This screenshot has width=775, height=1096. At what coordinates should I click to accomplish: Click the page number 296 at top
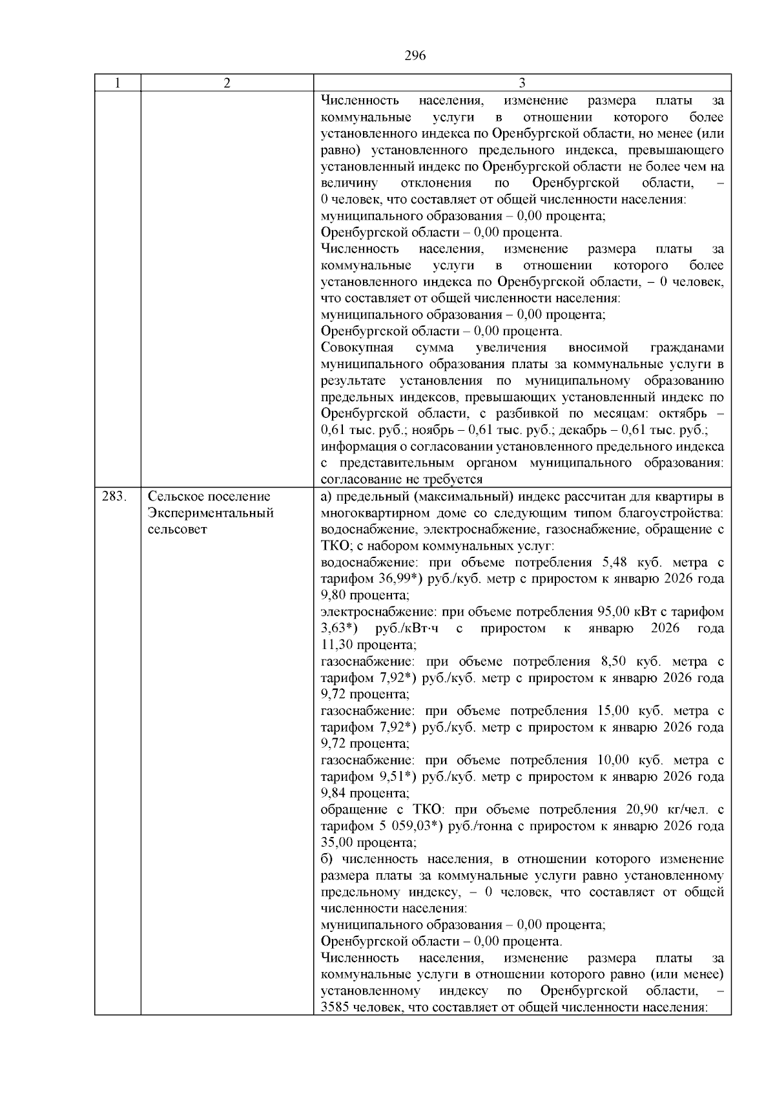(x=415, y=56)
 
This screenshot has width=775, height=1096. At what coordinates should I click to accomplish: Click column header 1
(x=118, y=83)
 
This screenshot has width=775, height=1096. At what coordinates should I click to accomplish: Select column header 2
(x=227, y=83)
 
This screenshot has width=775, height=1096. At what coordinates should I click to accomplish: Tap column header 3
(x=522, y=83)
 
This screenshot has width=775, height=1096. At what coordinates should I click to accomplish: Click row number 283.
(x=114, y=497)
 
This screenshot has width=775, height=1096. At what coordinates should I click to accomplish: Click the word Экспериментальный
(x=211, y=513)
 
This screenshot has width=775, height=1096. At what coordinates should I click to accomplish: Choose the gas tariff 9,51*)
(x=396, y=777)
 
